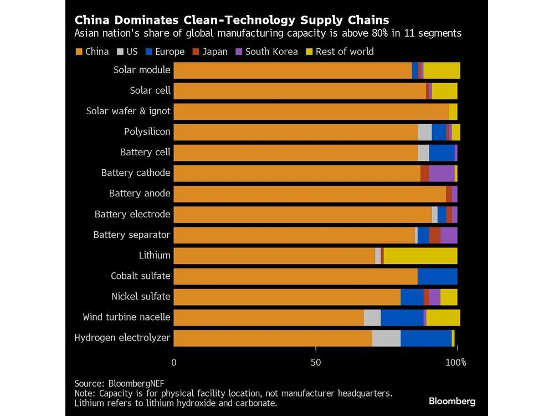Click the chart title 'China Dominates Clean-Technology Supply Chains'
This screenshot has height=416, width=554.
click(x=232, y=21)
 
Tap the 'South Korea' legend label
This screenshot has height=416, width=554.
click(x=271, y=52)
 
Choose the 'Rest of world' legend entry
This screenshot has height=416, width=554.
click(x=344, y=52)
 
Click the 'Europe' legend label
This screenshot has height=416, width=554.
click(x=170, y=52)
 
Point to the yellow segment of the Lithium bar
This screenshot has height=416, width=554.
click(x=420, y=256)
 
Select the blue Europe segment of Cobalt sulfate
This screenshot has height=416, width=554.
click(x=437, y=276)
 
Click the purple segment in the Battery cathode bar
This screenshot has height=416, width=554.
click(x=442, y=173)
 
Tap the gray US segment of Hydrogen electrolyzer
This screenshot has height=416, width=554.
click(x=386, y=338)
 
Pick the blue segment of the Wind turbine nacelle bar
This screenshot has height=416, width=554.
click(x=402, y=317)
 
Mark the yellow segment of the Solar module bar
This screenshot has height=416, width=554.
click(x=442, y=70)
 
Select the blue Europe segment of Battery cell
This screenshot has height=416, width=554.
click(x=442, y=153)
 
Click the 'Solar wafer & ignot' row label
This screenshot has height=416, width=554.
click(x=128, y=111)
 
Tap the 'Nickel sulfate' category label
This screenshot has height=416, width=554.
click(x=140, y=296)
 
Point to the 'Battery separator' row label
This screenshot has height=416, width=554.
click(x=131, y=235)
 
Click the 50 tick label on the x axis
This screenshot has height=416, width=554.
click(x=315, y=363)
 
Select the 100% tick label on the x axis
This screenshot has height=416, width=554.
click(x=456, y=363)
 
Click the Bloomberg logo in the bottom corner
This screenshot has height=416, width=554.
click(x=452, y=401)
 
